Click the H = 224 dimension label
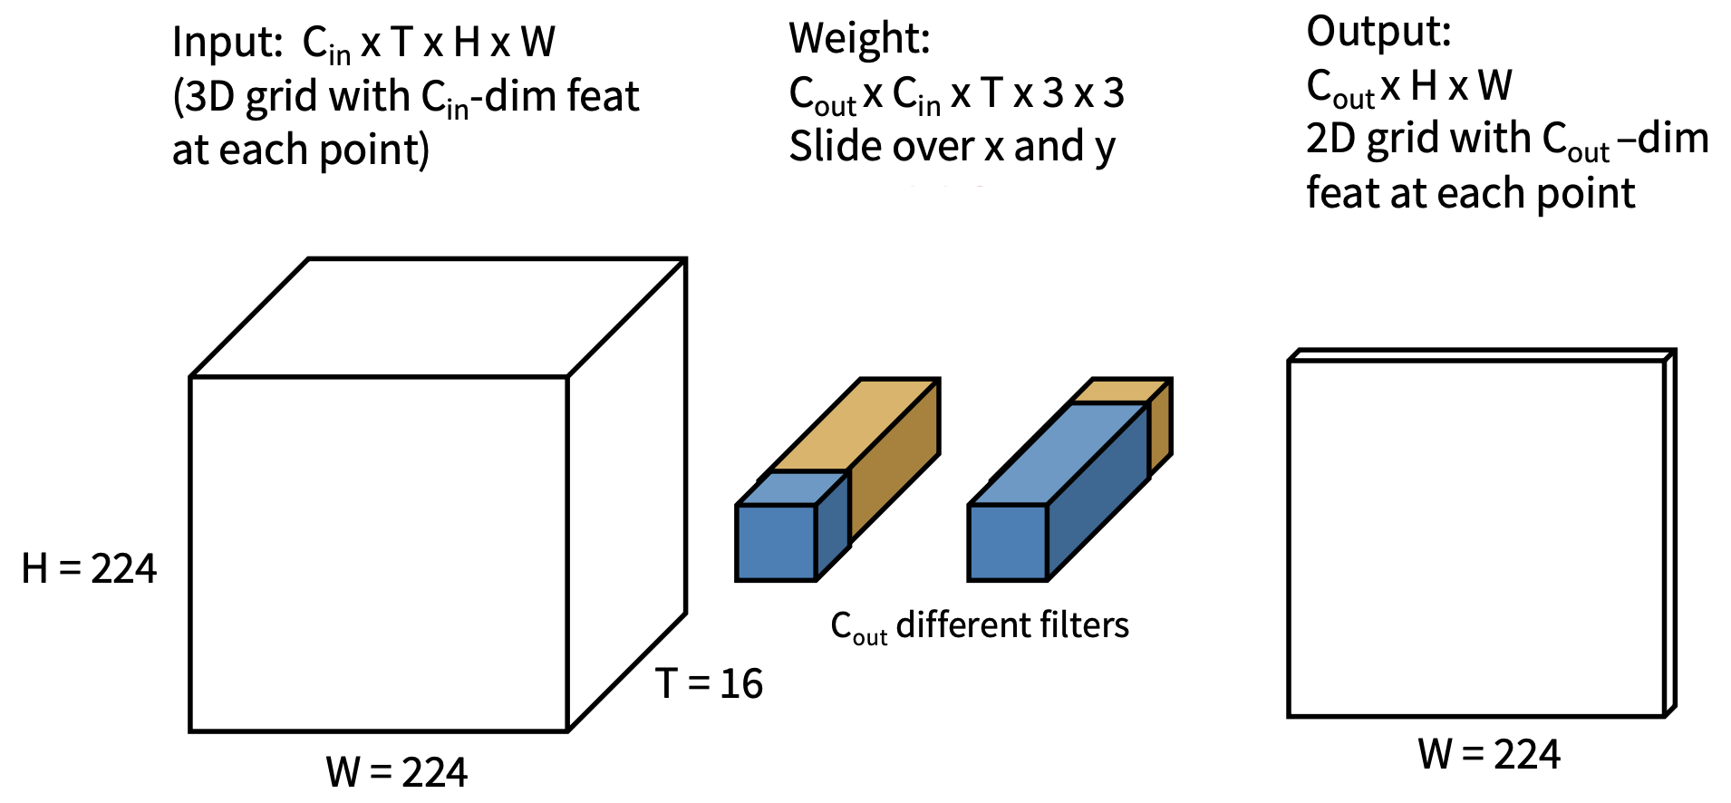point(89,569)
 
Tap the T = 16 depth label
point(709,683)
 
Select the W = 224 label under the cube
point(397,772)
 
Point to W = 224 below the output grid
point(1489,754)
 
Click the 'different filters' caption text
point(1012,625)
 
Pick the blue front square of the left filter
point(776,542)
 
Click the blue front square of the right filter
point(1008,542)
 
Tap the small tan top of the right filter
point(1120,391)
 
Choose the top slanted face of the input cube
point(439,317)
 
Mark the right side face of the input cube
point(627,494)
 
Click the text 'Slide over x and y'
point(952,147)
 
